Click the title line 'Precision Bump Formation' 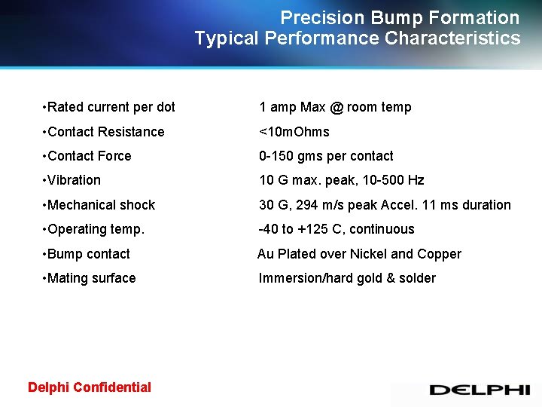pos(400,17)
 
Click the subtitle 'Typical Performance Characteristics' pos(357,38)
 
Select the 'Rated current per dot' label pos(111,107)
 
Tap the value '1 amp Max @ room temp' pos(335,107)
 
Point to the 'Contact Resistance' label pos(105,132)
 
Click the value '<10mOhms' pos(294,132)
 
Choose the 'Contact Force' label pos(89,156)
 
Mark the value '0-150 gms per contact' pos(326,156)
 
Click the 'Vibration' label pos(74,180)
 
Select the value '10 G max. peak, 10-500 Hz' pos(342,180)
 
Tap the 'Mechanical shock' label pos(101,205)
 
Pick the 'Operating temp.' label pos(96,229)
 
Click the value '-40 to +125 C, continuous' pos(336,229)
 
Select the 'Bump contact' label pos(88,254)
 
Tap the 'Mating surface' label pos(91,278)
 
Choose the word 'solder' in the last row pos(417,278)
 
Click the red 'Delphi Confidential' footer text pos(90,387)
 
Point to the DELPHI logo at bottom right pos(479,390)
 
